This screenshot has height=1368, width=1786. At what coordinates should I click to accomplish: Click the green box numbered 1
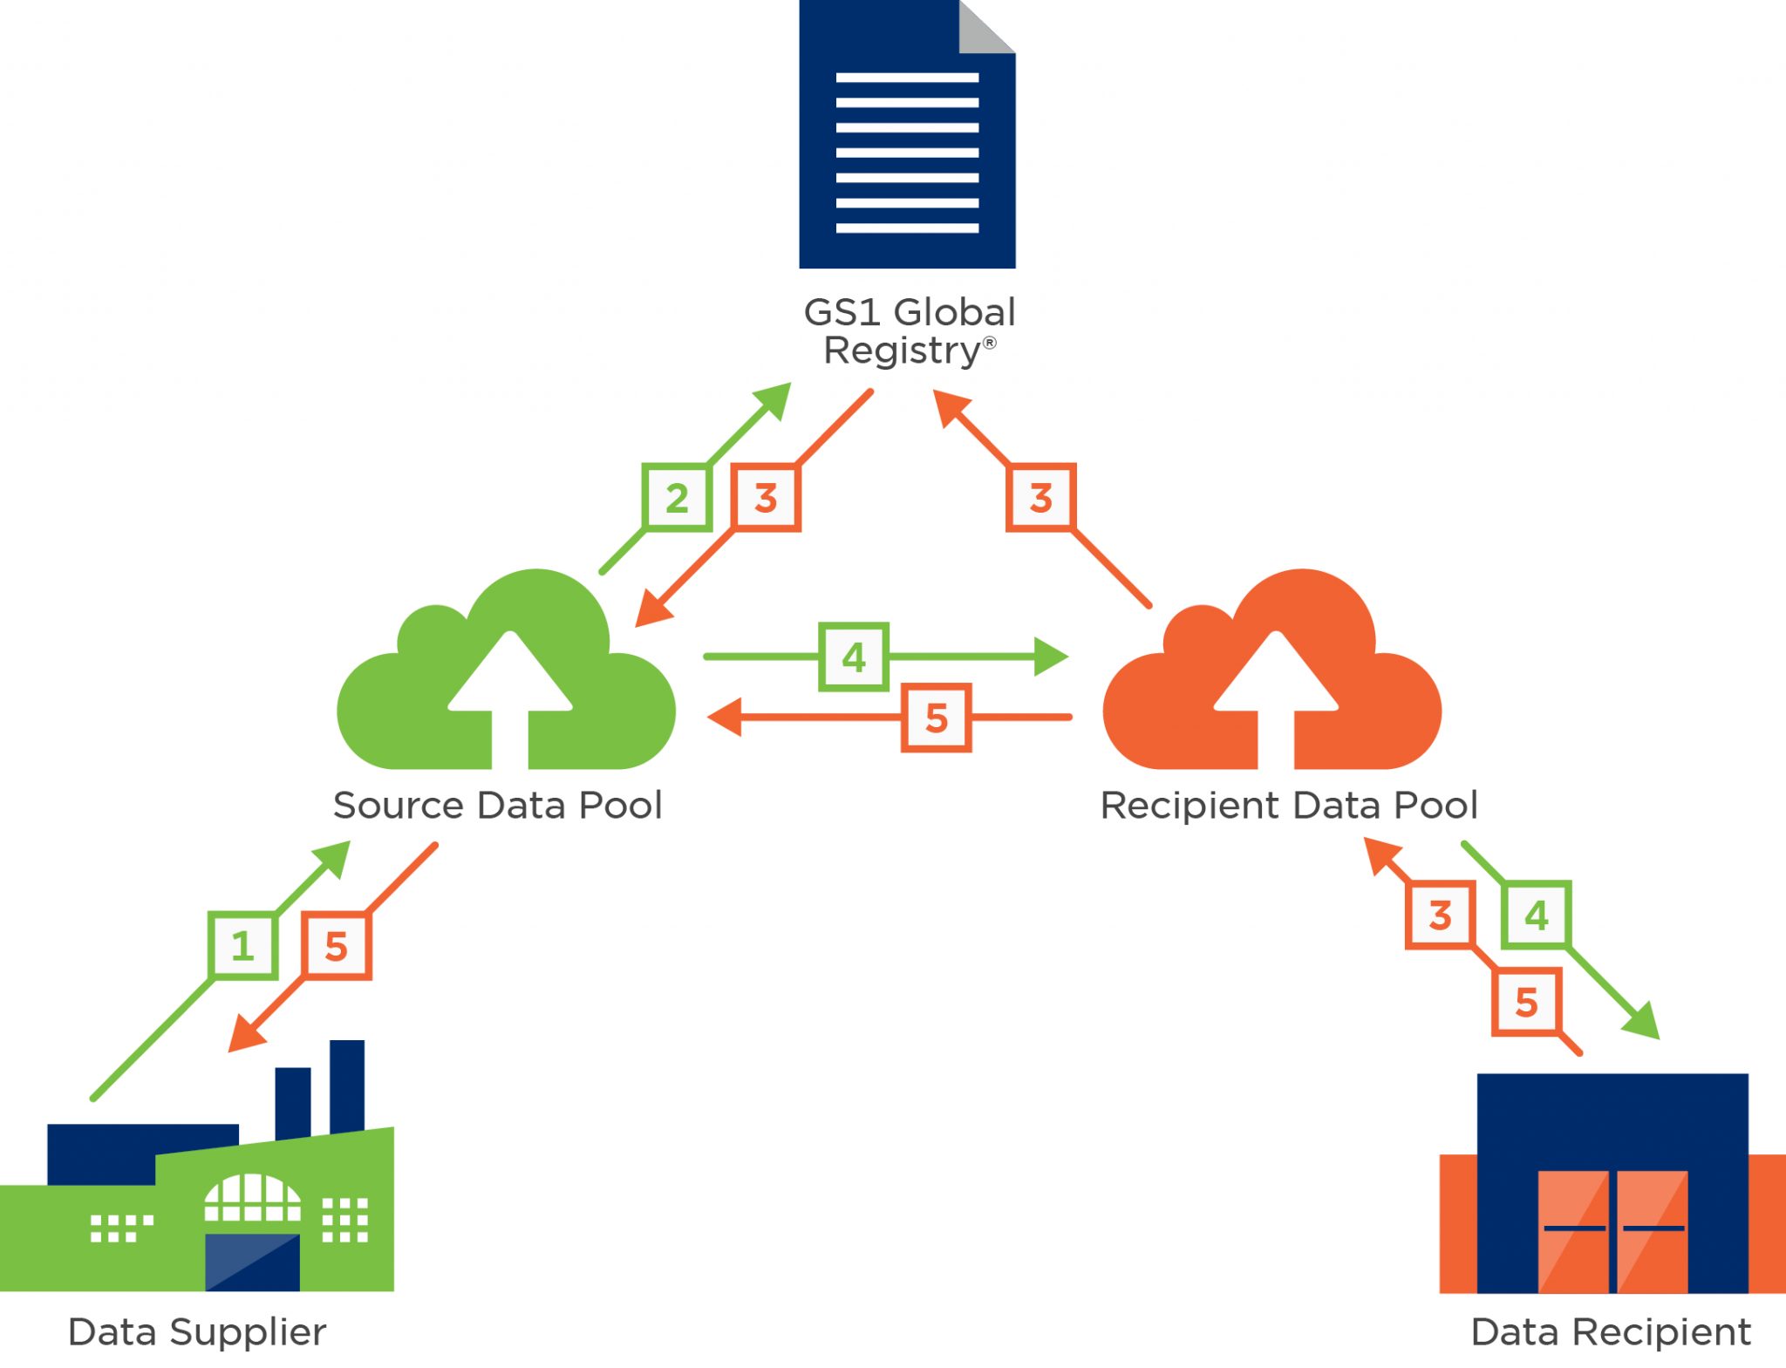(x=242, y=946)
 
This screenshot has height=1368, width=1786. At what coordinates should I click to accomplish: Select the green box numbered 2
(x=677, y=498)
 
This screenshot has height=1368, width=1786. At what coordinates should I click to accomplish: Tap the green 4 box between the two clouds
(x=854, y=657)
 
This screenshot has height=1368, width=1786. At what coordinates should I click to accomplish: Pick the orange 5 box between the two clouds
(x=936, y=718)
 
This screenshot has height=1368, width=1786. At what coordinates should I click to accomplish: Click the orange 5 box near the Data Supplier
(x=337, y=946)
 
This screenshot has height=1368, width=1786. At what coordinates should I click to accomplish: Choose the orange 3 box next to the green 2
(x=766, y=498)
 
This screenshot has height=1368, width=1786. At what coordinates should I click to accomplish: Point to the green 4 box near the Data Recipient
(x=1537, y=915)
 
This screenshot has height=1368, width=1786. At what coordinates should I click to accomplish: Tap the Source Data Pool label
(x=498, y=805)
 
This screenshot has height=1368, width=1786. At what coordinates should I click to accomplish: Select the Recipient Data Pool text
(x=1289, y=805)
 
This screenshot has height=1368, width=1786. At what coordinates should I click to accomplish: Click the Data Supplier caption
(x=197, y=1331)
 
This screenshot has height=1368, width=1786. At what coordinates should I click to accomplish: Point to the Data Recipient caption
(x=1610, y=1331)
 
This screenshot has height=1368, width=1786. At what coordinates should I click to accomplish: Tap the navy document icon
(x=907, y=148)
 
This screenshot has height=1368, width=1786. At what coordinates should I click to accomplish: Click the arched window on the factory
(x=252, y=1197)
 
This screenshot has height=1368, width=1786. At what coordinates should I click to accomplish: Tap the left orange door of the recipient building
(x=1573, y=1230)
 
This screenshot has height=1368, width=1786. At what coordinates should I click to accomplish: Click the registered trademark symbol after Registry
(x=990, y=343)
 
